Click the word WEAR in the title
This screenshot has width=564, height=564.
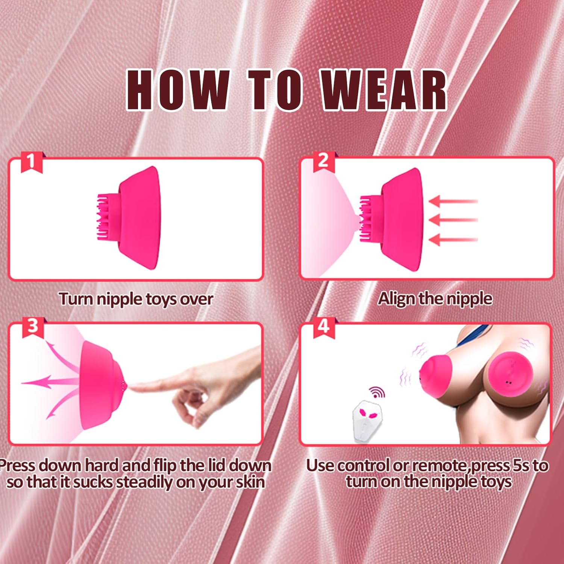pyautogui.click(x=384, y=90)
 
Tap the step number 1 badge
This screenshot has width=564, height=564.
pyautogui.click(x=32, y=162)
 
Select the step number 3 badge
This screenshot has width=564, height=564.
pyautogui.click(x=33, y=326)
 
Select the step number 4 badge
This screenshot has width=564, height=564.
pyautogui.click(x=323, y=326)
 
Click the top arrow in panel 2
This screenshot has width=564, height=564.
pyautogui.click(x=453, y=202)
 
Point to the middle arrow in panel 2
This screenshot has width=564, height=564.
pyautogui.click(x=453, y=220)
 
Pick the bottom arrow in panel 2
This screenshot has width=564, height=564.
pyautogui.click(x=453, y=239)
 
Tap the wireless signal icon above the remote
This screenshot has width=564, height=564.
pyautogui.click(x=377, y=393)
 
